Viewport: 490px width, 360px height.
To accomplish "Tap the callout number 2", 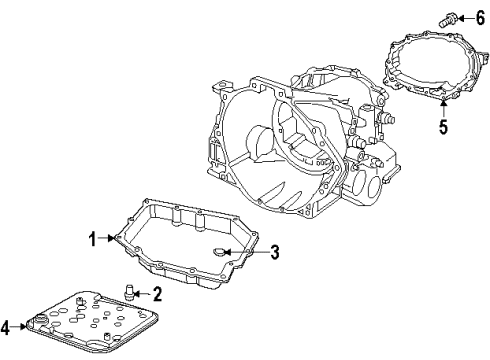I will coord(157,293).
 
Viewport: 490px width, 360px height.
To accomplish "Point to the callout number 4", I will coord(6,325).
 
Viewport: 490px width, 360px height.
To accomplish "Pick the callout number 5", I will coord(441,127).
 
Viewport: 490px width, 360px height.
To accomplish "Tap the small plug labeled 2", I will coord(130,292).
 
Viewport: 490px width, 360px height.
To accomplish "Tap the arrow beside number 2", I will coord(144,293).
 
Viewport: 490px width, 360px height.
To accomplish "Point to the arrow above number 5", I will coord(441,107).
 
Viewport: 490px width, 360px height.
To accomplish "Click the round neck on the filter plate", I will coord(39,321).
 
